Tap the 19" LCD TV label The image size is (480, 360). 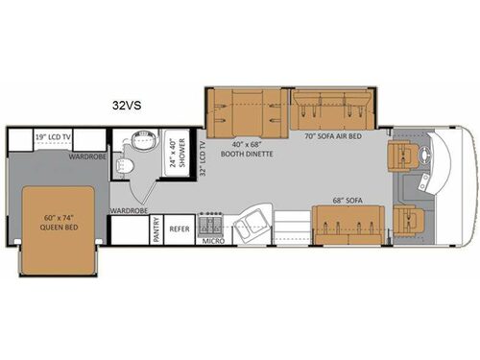[x=55, y=136]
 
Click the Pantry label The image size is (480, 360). [x=156, y=231]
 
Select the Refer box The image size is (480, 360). [x=180, y=230]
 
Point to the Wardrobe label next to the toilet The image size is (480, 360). [x=127, y=208]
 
